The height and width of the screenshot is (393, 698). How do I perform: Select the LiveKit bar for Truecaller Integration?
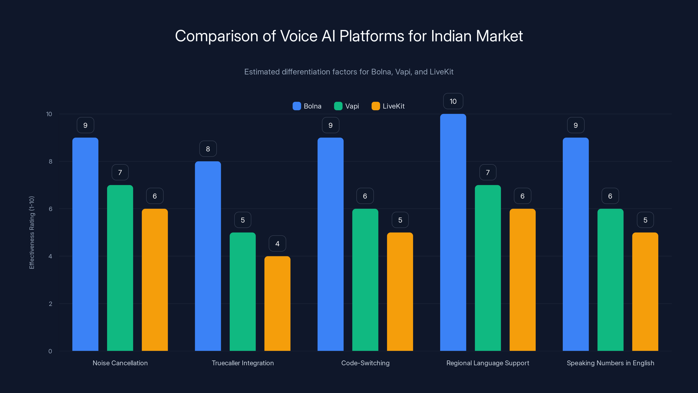(277, 303)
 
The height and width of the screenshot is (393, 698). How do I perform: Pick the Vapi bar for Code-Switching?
(365, 280)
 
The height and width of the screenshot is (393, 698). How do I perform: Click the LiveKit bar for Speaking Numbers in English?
(645, 291)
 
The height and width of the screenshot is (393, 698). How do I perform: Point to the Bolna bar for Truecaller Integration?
(208, 256)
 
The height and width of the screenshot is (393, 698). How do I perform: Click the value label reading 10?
(453, 101)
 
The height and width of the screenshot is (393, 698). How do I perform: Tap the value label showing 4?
(277, 244)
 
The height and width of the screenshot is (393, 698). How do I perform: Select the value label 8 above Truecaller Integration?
(208, 149)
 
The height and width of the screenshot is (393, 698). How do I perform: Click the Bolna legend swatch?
(297, 106)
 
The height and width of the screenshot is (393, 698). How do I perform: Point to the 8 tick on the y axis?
(50, 161)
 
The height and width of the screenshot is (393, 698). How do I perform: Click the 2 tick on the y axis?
(50, 304)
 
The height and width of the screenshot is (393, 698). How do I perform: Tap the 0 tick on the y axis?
(50, 351)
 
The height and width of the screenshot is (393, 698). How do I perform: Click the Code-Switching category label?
(365, 363)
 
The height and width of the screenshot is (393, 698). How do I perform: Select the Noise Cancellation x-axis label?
(120, 363)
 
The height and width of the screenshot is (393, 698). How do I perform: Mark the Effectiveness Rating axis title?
(32, 233)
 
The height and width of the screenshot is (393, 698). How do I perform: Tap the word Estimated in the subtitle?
(262, 72)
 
